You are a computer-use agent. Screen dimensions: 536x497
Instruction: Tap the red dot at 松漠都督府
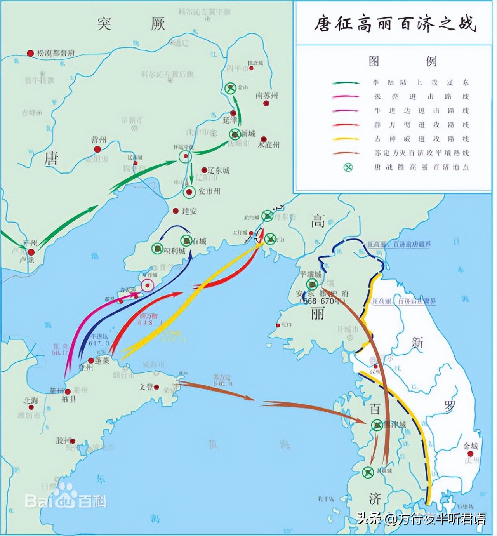tap(30, 53)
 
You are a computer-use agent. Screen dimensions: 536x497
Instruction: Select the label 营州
tap(98, 140)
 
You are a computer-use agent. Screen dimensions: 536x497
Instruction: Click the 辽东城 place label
tap(219, 170)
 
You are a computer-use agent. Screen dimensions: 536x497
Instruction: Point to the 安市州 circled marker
tap(189, 192)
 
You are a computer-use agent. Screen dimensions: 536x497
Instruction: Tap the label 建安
tap(189, 211)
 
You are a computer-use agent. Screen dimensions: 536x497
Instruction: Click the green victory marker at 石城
tap(186, 241)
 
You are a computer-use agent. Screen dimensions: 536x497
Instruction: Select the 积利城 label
tap(174, 251)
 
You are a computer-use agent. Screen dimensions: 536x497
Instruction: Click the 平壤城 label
tap(311, 274)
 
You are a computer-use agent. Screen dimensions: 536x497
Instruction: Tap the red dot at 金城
tap(471, 454)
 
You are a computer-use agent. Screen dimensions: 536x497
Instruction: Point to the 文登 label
tap(146, 387)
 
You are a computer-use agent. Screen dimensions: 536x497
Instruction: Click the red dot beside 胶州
tap(73, 441)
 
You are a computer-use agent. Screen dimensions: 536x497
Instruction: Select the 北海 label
tap(31, 400)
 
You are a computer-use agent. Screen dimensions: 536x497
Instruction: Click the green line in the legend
tap(345, 83)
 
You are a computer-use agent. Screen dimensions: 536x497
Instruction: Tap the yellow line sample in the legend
tap(345, 139)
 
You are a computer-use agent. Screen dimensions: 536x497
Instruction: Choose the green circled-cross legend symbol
tap(348, 167)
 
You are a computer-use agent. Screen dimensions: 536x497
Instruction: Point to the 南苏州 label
tap(267, 96)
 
